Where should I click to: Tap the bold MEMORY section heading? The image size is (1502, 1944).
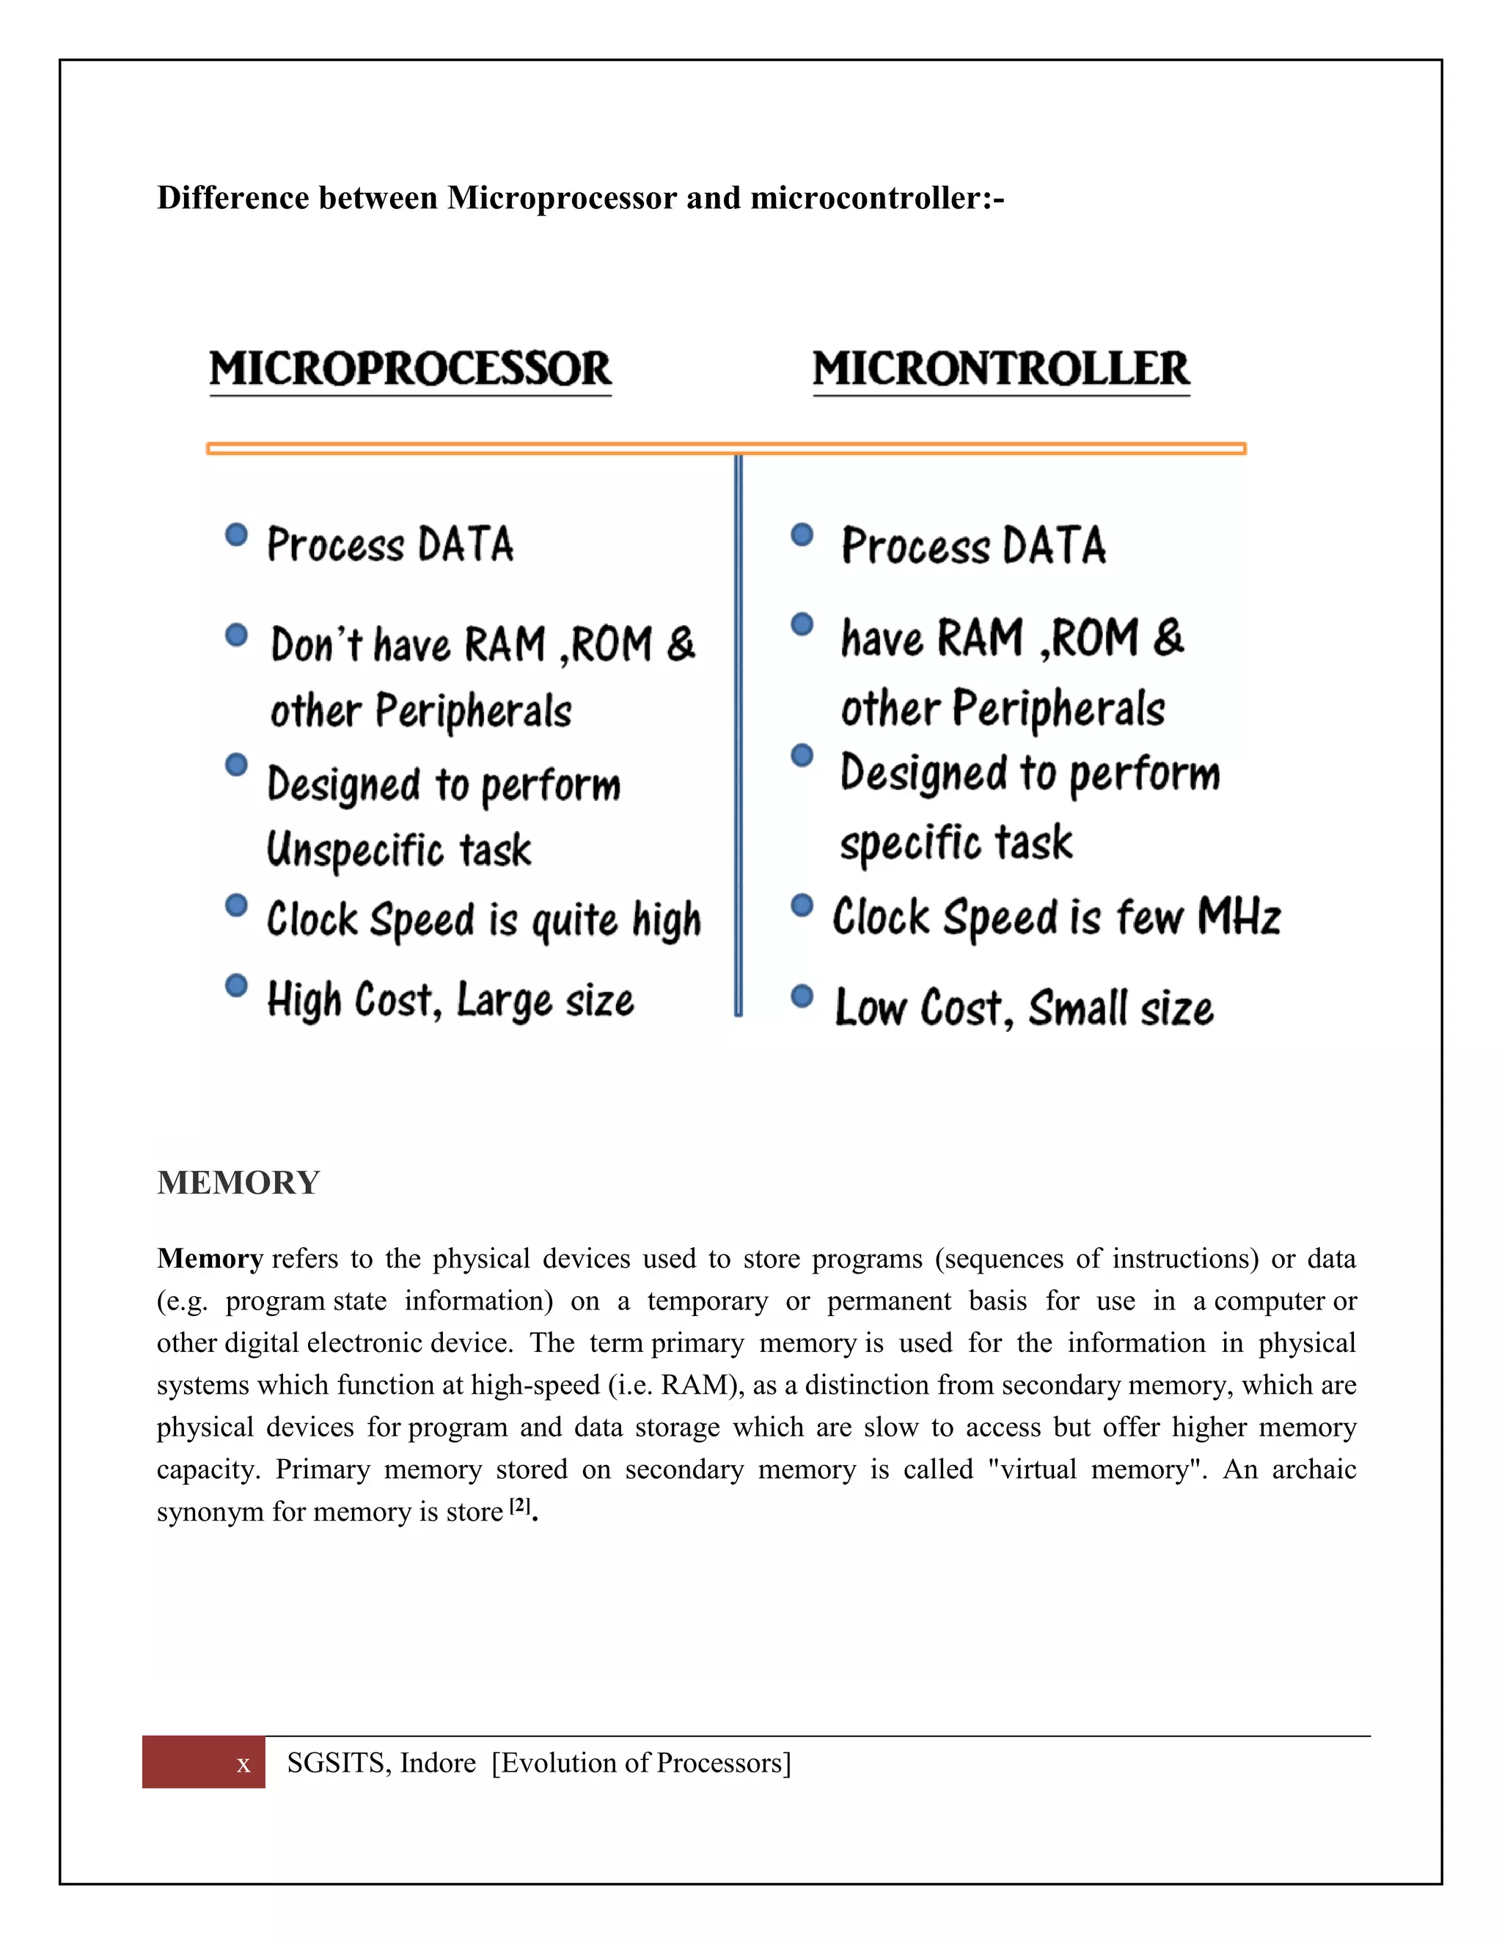238,1183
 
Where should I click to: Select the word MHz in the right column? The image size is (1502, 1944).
1239,917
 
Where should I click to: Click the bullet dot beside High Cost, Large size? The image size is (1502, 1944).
236,986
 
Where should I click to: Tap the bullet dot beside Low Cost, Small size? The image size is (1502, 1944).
802,995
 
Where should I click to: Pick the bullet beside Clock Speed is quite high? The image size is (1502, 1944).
236,905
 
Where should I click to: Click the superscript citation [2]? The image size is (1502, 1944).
521,1506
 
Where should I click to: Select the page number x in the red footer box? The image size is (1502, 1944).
243,1765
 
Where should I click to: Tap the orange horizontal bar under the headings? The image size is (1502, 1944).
725,449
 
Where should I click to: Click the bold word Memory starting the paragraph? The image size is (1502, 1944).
210,1259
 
